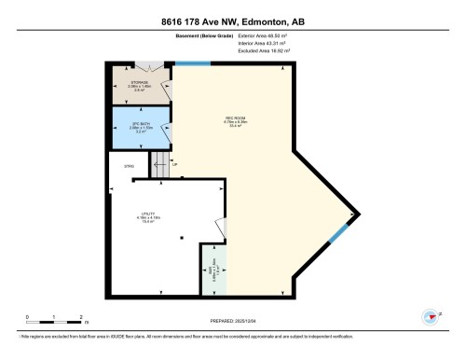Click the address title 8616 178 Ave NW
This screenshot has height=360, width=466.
(x=232, y=21)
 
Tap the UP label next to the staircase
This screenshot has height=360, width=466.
(x=187, y=167)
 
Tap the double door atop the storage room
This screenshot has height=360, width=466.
(x=147, y=67)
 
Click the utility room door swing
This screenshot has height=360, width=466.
(x=220, y=228)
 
